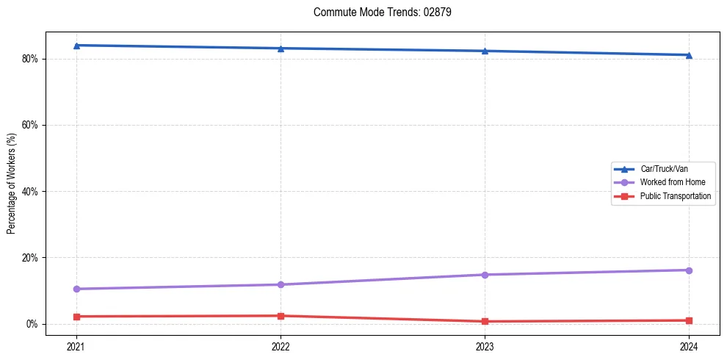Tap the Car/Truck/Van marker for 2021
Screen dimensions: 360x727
coord(76,46)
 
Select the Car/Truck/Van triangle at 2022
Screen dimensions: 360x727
coord(281,48)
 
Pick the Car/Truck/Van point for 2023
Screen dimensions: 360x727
coord(485,51)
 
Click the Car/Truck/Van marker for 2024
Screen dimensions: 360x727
coord(689,55)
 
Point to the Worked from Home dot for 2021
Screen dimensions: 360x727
coord(76,289)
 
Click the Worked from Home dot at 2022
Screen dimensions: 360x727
coord(281,284)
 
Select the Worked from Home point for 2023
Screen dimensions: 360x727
coord(485,275)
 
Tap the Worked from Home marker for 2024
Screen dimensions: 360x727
coord(689,270)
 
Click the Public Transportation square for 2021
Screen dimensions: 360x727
coord(76,317)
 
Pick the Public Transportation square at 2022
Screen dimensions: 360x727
coord(281,316)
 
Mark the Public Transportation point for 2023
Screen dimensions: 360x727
coord(485,321)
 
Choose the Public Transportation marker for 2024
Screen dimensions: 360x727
coord(689,320)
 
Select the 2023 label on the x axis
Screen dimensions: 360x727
coord(485,346)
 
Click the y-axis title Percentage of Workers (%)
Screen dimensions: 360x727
coord(12,191)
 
